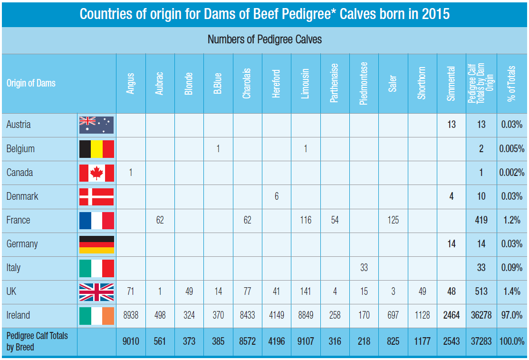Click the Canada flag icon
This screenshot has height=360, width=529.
[96, 173]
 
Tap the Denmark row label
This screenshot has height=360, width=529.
[22, 196]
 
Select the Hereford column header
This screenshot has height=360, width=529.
[276, 84]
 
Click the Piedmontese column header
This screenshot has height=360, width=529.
[364, 84]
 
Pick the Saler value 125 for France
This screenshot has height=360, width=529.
[393, 220]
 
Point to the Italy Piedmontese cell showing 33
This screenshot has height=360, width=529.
[364, 268]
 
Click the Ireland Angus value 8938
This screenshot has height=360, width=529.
[131, 315]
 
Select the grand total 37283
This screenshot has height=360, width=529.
[481, 341]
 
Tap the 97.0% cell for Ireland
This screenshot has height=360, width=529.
[512, 315]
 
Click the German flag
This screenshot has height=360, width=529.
[96, 244]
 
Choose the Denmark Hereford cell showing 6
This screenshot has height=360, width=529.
[277, 196]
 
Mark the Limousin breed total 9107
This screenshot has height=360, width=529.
[306, 341]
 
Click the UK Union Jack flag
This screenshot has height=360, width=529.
[96, 292]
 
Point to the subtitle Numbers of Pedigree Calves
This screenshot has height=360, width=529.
[264, 40]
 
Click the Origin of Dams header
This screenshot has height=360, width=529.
[31, 83]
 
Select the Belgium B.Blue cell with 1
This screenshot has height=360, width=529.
[218, 149]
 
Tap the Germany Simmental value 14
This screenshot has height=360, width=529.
[452, 244]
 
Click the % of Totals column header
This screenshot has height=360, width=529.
[511, 84]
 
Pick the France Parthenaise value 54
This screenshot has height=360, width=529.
[335, 220]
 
